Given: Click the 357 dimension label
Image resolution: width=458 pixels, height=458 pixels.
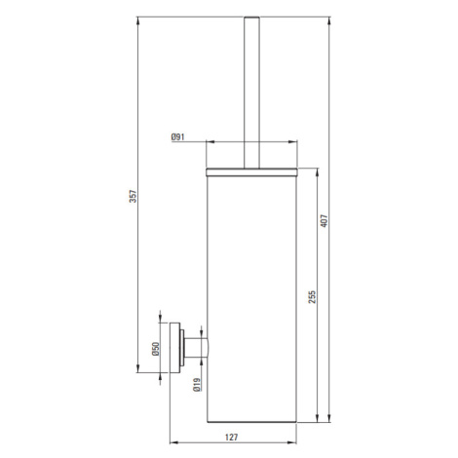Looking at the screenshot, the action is [134, 196].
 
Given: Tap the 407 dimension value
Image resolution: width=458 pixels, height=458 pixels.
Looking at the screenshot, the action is [324, 221].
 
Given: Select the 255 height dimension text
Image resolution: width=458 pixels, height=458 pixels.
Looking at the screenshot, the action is [312, 297].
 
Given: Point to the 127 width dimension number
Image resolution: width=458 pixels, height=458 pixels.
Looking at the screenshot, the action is [231, 438].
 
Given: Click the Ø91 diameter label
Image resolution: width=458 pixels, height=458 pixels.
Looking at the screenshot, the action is [177, 137].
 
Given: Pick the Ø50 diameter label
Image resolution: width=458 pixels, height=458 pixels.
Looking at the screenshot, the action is [156, 349].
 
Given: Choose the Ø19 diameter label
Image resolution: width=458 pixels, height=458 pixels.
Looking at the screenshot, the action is [197, 385].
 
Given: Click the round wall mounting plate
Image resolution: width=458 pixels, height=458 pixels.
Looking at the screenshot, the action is [174, 348].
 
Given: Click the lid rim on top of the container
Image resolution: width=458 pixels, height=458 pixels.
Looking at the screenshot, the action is [251, 172].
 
